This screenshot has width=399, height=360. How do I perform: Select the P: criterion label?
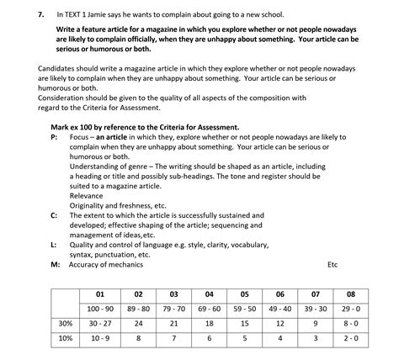pos(54,136)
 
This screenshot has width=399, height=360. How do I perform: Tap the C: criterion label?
pos(54,215)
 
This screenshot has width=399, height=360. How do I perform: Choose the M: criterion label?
pos(55,265)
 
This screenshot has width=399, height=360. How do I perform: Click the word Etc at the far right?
pos(332,265)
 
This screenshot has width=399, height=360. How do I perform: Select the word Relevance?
pos(88,195)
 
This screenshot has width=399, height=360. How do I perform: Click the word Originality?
pos(91,205)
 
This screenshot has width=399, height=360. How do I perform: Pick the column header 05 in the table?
pos(244,294)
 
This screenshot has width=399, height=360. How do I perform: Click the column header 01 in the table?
pos(99,294)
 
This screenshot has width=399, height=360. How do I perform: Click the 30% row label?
pos(65,323)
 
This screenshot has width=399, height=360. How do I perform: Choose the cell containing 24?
pos(138,323)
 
